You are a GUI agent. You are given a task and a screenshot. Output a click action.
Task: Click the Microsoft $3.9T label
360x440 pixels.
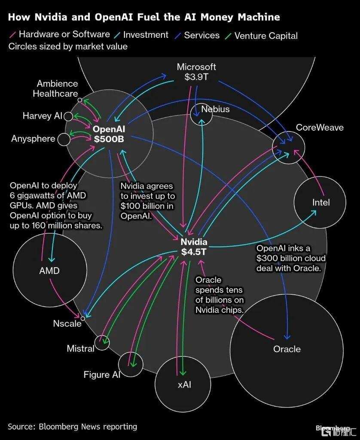point(196,72)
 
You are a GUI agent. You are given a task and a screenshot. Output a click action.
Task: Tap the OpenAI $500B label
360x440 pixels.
point(109,134)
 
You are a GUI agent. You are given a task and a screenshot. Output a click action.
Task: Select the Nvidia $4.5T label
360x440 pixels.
point(194,247)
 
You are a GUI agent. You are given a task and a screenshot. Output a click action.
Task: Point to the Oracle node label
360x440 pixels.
point(287,349)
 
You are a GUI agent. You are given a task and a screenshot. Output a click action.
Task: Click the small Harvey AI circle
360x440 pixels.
point(68,116)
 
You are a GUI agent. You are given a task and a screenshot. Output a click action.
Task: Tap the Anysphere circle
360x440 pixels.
point(64,140)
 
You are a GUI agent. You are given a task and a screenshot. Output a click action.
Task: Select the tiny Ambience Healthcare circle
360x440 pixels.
point(80,100)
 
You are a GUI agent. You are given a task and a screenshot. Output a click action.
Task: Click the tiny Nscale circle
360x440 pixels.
point(83,318)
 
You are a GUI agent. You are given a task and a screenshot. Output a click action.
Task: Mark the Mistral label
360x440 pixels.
point(80,348)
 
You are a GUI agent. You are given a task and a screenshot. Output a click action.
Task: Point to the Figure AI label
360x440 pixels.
point(102,375)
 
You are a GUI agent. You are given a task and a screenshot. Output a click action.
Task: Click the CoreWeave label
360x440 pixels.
point(320,127)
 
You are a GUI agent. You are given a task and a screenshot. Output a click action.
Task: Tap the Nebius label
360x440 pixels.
point(215,109)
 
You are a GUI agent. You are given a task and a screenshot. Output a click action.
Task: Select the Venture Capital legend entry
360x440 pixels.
point(262,36)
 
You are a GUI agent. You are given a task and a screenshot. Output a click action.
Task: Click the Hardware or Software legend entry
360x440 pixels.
point(60,34)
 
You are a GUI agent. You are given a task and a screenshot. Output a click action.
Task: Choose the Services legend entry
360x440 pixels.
point(197,35)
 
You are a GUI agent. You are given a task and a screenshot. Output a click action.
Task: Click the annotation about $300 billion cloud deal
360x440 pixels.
point(291,258)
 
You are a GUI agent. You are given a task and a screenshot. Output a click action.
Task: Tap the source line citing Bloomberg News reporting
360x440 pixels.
point(73,427)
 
